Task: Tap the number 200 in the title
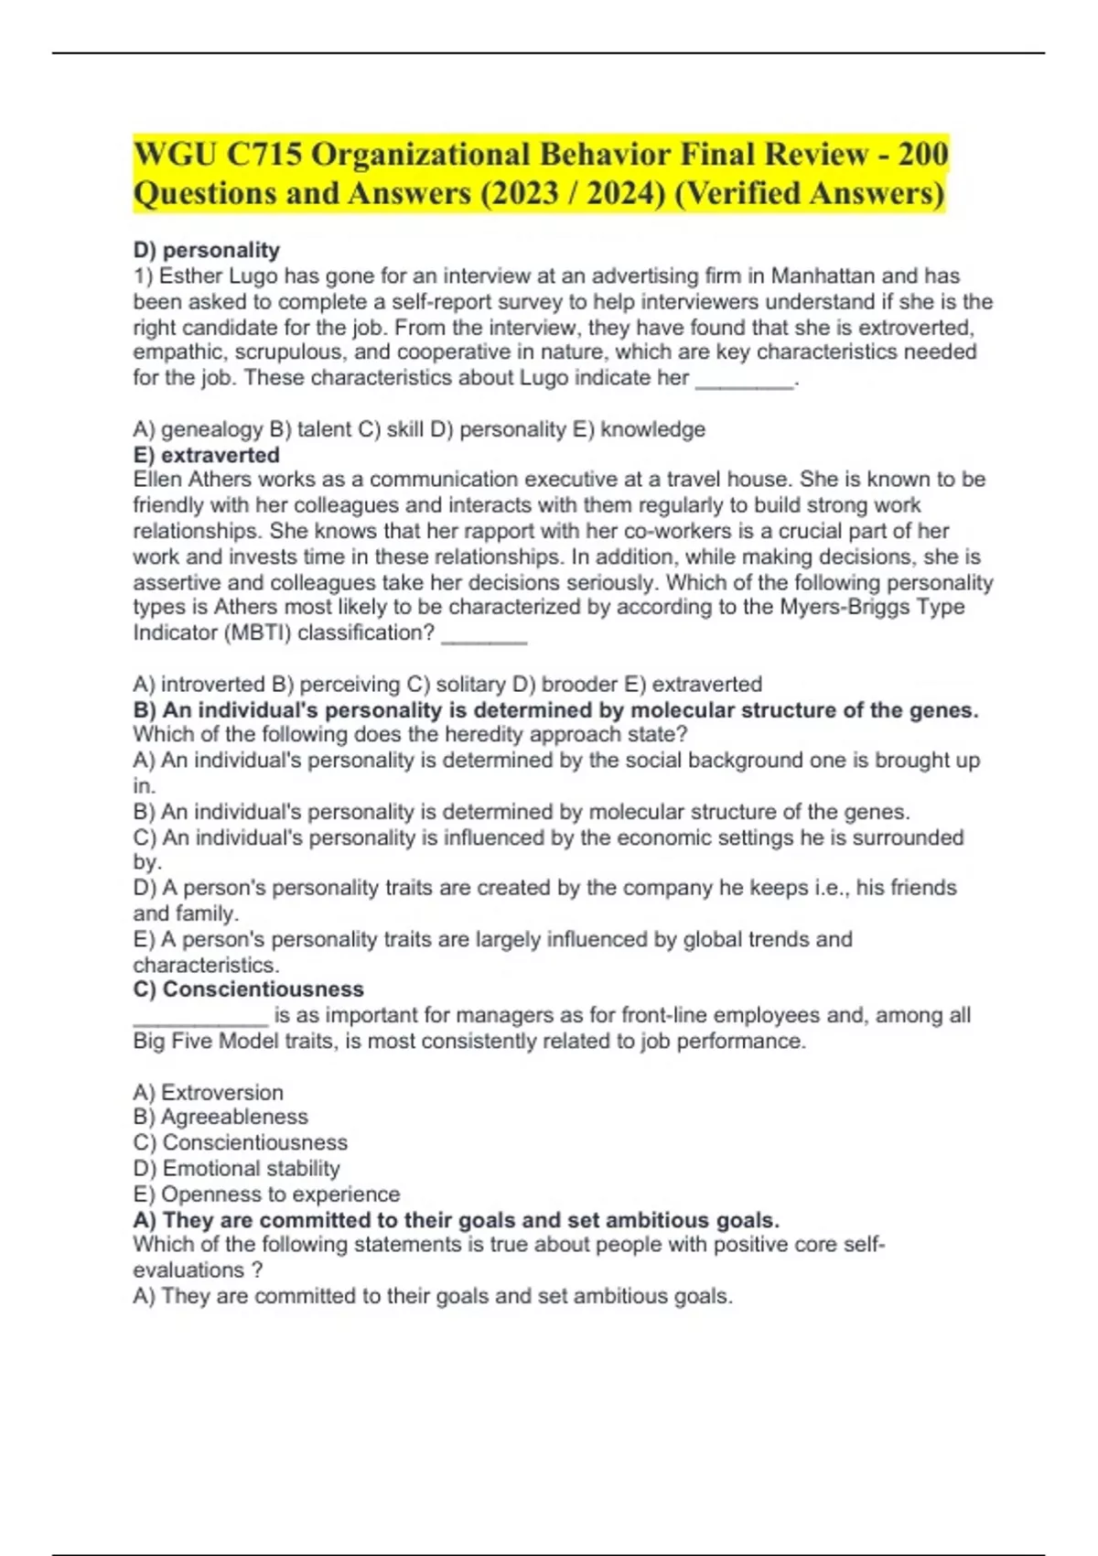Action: [x=922, y=154]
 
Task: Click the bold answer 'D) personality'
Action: [x=207, y=250]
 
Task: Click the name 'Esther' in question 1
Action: [x=191, y=276]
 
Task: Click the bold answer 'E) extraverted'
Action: [x=207, y=455]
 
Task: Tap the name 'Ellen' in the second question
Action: [x=157, y=480]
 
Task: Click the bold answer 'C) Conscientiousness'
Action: [x=249, y=989]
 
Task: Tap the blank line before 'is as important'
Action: [x=200, y=1018]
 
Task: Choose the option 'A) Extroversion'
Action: [x=209, y=1092]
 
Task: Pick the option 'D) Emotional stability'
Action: [x=236, y=1169]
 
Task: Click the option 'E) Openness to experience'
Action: [x=266, y=1194]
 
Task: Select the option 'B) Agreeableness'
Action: [x=221, y=1117]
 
